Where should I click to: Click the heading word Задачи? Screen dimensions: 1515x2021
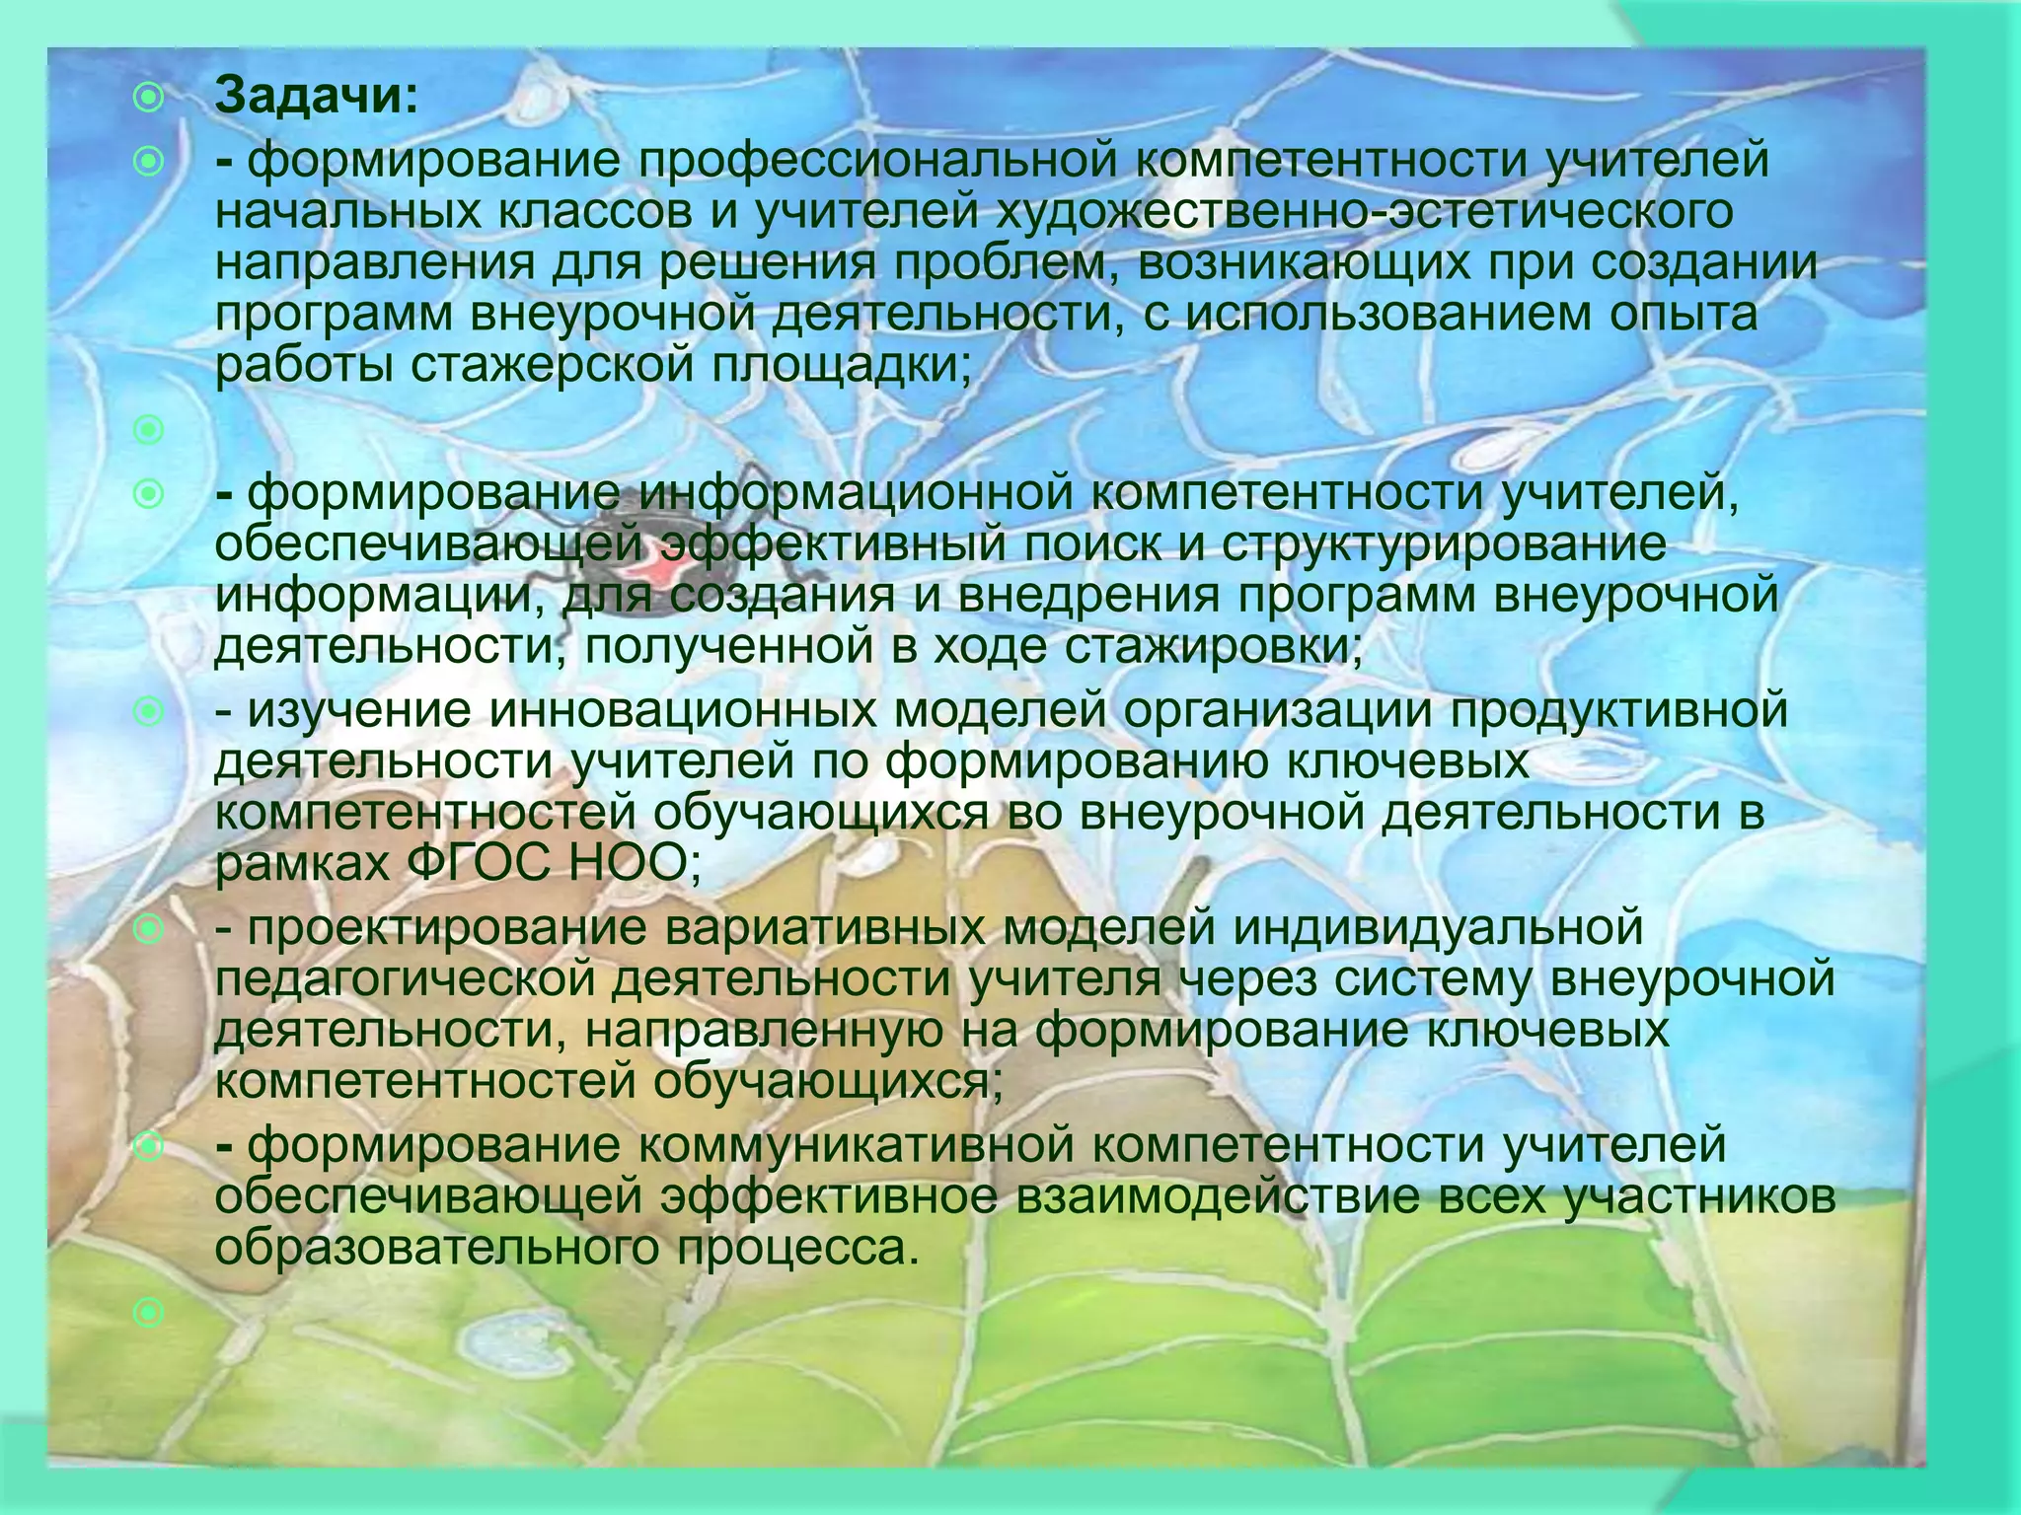point(317,97)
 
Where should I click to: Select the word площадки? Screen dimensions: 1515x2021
point(835,366)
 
